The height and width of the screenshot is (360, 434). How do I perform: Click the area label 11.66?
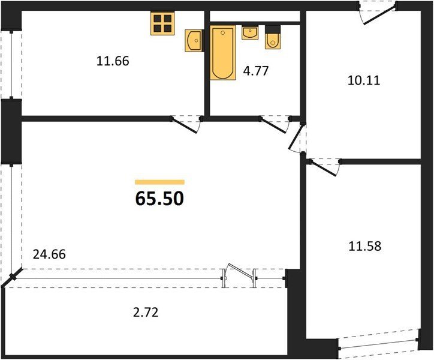[113, 61]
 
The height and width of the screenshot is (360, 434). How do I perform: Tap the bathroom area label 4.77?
[256, 71]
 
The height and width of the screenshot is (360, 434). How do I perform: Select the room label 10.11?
[364, 80]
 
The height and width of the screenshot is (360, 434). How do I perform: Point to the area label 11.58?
[365, 246]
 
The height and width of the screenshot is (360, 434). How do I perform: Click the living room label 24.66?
[49, 254]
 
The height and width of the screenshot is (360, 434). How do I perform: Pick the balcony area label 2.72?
[146, 313]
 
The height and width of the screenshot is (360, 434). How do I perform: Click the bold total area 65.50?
[159, 199]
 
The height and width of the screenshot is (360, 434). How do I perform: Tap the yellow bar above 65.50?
[159, 182]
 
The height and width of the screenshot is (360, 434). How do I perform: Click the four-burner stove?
[162, 23]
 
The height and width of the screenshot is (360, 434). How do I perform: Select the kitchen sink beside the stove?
[194, 41]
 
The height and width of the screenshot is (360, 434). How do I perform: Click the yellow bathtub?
[223, 53]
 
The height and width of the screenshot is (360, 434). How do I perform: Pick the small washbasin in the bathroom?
[250, 33]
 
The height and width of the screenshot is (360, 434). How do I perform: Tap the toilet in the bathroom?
[273, 37]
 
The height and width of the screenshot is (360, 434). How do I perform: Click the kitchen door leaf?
[185, 126]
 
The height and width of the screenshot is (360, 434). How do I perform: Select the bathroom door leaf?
[273, 126]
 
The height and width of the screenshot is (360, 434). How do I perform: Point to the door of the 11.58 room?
[323, 167]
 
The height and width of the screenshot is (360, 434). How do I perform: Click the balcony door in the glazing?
[240, 272]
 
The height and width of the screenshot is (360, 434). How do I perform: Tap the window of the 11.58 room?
[379, 340]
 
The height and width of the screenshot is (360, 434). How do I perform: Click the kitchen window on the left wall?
[11, 64]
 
